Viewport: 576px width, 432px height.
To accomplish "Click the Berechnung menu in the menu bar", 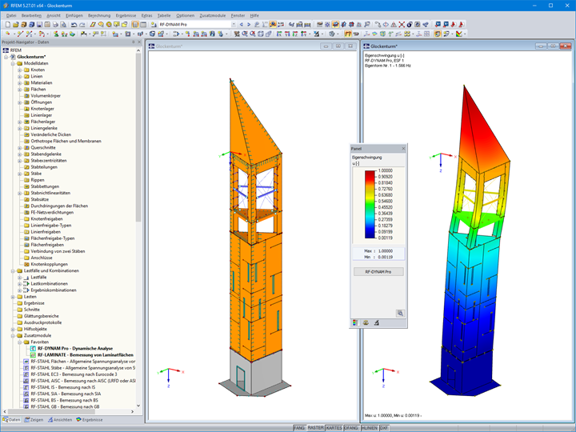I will pos(99,15).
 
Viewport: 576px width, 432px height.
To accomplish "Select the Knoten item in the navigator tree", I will pos(38,70).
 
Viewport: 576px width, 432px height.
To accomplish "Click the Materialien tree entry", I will pos(42,82).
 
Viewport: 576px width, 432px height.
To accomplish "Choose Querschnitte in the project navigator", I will pos(44,147).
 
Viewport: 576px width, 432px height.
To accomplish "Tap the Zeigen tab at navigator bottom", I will pos(34,419).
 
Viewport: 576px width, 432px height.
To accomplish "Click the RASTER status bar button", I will pos(316,428).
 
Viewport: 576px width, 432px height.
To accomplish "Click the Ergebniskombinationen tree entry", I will pos(54,290).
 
